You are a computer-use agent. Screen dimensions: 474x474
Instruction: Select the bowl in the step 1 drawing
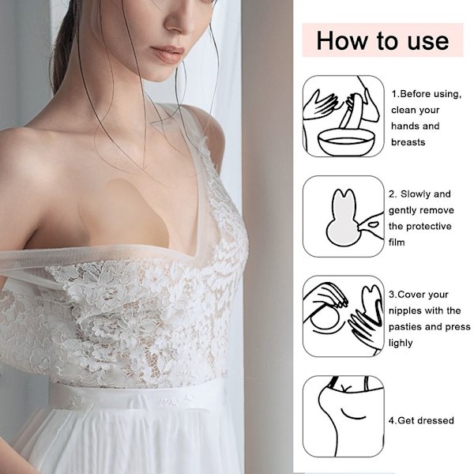[344, 142]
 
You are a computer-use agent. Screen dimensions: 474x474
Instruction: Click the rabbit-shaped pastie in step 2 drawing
[343, 220]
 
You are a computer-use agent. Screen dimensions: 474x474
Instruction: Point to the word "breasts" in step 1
[408, 142]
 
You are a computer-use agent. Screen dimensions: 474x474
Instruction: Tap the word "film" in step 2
[397, 243]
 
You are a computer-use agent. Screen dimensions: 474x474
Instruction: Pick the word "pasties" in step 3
[405, 327]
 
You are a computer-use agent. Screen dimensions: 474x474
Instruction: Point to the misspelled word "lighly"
[401, 343]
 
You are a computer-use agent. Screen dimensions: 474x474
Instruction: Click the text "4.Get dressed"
[421, 420]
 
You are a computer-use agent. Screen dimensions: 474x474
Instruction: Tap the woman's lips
[168, 55]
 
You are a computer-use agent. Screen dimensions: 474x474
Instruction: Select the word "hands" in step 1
[404, 126]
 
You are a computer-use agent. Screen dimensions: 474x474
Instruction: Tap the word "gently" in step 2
[402, 211]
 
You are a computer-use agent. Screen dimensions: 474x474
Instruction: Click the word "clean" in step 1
[402, 110]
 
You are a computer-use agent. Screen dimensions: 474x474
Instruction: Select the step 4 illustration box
[344, 416]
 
